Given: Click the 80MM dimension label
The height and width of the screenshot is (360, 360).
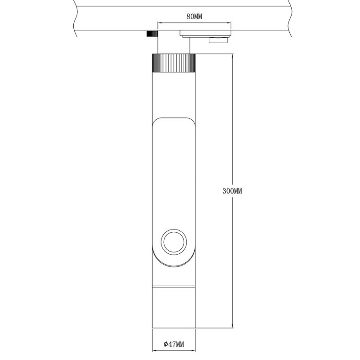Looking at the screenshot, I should coord(194,17).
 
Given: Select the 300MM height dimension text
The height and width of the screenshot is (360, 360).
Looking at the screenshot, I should coord(232,191).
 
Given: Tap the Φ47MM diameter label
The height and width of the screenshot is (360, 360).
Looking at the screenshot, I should coord(174,344).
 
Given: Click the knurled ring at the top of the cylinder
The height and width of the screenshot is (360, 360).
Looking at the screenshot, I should coord(174,63).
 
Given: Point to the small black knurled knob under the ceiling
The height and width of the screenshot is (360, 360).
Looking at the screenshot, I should coord(152,34).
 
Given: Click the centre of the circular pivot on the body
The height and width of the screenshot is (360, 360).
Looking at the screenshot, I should coord(174,242).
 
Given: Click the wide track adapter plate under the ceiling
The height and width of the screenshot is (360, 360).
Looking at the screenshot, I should coord(205,33).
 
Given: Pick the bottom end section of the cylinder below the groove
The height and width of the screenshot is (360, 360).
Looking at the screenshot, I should coord(174,308).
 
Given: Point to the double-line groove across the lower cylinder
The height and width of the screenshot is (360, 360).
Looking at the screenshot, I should coord(174,287).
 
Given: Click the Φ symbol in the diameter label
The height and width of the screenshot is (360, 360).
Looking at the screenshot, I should coord(165,344).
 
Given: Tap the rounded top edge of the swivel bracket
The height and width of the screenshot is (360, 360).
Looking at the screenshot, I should coord(174,118).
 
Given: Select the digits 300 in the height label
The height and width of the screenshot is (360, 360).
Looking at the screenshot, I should coord(228,191).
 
